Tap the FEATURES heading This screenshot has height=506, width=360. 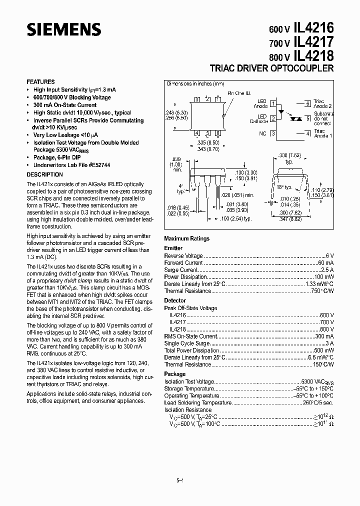40,81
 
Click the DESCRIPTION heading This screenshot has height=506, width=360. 44,174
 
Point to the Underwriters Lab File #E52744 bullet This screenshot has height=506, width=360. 71,164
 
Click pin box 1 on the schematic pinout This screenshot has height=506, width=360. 273,104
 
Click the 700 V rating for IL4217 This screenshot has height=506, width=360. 326,322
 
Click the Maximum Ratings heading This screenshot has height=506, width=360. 186,238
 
